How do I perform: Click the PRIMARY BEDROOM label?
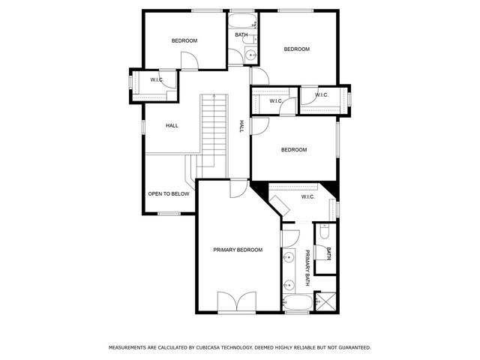click(238, 250)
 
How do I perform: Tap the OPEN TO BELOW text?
click(168, 193)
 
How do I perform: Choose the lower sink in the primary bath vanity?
click(288, 285)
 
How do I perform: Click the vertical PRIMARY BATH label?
click(307, 268)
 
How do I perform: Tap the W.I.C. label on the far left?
click(157, 79)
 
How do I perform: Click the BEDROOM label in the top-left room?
click(184, 40)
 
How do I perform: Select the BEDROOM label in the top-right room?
click(296, 49)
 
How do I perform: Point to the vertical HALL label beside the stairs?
click(241, 127)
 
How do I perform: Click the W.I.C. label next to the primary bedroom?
click(307, 197)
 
